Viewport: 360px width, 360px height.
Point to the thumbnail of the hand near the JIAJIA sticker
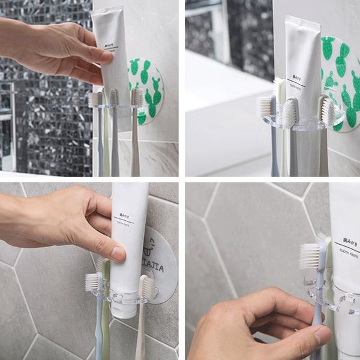(x=113, y=253)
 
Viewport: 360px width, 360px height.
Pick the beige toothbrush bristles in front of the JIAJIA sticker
(x=146, y=287)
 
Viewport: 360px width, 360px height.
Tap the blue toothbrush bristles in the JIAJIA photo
(x=92, y=281)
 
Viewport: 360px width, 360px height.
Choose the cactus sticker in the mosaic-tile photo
(x=146, y=90)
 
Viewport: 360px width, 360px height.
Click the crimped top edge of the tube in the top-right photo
(x=302, y=21)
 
